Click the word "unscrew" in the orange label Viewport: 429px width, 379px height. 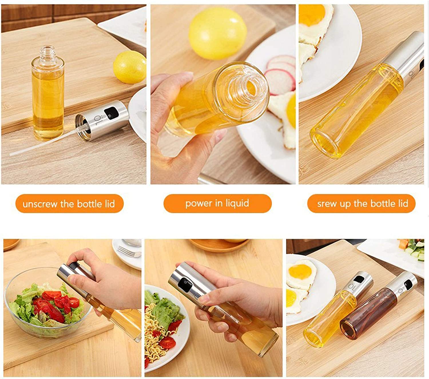point(40,204)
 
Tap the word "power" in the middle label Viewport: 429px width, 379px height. point(199,204)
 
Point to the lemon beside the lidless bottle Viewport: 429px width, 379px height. point(130,67)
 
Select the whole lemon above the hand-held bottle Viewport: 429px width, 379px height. point(218,33)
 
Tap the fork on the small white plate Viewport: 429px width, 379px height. point(129,252)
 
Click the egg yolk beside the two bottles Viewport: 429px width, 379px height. point(301,272)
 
